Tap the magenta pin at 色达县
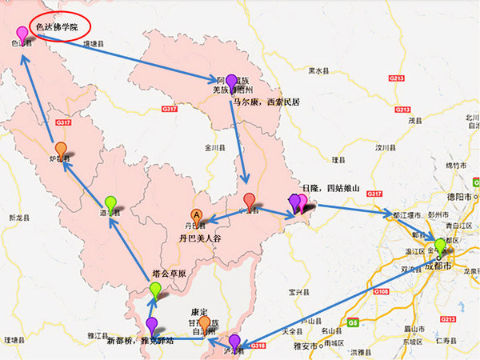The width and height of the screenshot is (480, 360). coord(22,34)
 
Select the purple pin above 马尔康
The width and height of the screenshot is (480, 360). coord(231,82)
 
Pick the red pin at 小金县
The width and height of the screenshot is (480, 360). coord(250,201)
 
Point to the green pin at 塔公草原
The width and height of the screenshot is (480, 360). coord(156,289)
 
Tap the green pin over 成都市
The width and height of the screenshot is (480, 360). coord(439,245)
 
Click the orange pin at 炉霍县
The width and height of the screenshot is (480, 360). coord(61,150)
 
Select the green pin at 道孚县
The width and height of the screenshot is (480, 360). coord(110,203)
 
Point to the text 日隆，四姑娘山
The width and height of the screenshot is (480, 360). coord(330,188)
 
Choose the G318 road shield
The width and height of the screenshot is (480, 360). coord(257,346)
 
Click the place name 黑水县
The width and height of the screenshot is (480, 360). coord(318,71)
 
